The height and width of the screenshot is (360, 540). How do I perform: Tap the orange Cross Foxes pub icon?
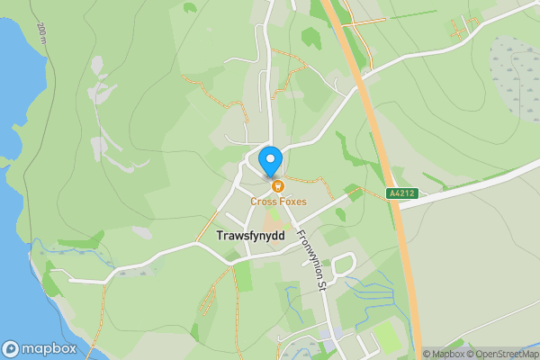[277, 186]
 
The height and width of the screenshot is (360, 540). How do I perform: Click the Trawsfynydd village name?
[250, 235]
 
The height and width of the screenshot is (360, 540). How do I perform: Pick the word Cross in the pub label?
[263, 201]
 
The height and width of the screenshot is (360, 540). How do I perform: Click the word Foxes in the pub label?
[291, 201]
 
